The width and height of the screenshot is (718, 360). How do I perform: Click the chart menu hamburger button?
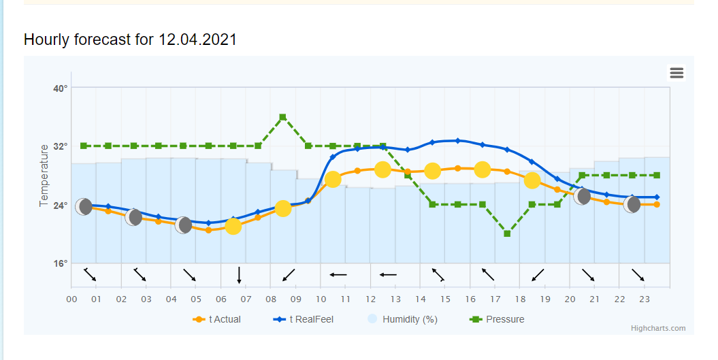pos(676,73)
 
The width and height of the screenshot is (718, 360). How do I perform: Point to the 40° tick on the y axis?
pos(61,88)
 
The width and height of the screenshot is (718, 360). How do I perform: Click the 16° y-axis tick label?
pos(61,263)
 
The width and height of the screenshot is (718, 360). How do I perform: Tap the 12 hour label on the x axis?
pos(370,299)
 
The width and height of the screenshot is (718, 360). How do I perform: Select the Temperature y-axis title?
pos(44,176)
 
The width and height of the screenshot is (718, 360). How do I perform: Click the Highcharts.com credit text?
pos(658,329)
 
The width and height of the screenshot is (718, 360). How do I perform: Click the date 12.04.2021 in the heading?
pos(197,39)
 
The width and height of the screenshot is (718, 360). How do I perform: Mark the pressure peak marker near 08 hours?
pos(282,118)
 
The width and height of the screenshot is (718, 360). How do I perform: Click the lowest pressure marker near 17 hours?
pos(507,233)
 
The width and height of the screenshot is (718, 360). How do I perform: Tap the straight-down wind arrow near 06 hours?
pos(240,275)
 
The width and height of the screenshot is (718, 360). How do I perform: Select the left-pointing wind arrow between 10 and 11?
pos(338,275)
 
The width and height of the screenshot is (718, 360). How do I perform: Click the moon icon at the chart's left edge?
pos(84,207)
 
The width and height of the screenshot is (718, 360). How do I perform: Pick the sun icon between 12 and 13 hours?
pos(382,169)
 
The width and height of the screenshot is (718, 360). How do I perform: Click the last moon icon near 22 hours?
pos(632,204)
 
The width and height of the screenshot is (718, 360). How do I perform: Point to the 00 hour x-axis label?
pos(72,299)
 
